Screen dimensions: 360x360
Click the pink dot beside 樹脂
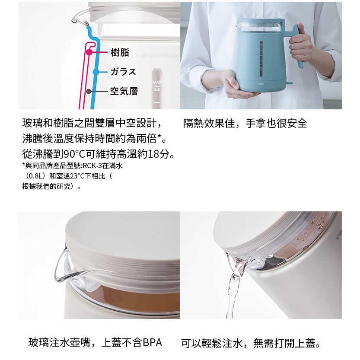(89, 52)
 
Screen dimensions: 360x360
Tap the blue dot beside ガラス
(96, 72)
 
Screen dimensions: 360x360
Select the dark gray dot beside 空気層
(89, 91)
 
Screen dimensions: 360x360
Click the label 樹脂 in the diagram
(120, 52)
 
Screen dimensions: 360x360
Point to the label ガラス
(123, 72)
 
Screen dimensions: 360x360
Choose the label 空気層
(124, 91)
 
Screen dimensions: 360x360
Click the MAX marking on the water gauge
(157, 83)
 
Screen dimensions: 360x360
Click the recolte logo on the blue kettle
(261, 37)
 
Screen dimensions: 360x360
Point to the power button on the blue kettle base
(261, 84)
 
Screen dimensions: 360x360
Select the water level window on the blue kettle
(261, 59)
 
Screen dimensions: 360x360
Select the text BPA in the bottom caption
(152, 343)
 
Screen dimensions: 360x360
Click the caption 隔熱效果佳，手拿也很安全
(245, 123)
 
